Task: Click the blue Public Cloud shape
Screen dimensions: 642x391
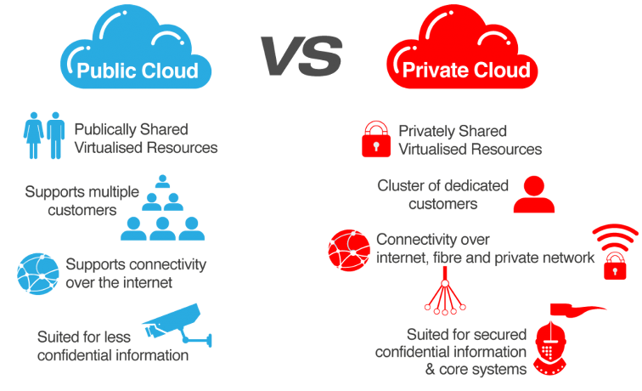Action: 136,47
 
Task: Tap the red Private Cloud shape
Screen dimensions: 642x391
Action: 462,47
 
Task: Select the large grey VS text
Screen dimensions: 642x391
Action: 301,56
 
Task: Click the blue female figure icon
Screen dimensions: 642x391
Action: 34,135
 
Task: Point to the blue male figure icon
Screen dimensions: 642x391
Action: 56,135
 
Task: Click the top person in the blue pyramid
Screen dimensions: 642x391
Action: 162,181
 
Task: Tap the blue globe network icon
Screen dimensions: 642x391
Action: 38,274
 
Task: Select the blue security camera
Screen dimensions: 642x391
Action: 177,326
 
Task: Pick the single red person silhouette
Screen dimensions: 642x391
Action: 534,195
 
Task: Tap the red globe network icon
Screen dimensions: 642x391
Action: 349,251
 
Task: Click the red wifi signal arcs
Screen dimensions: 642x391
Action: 616,237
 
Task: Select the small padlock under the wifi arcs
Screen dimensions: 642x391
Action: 615,266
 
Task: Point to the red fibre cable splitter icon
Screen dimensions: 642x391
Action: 445,291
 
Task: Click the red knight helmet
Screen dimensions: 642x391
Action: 550,348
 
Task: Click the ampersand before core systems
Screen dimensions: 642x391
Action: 430,369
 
